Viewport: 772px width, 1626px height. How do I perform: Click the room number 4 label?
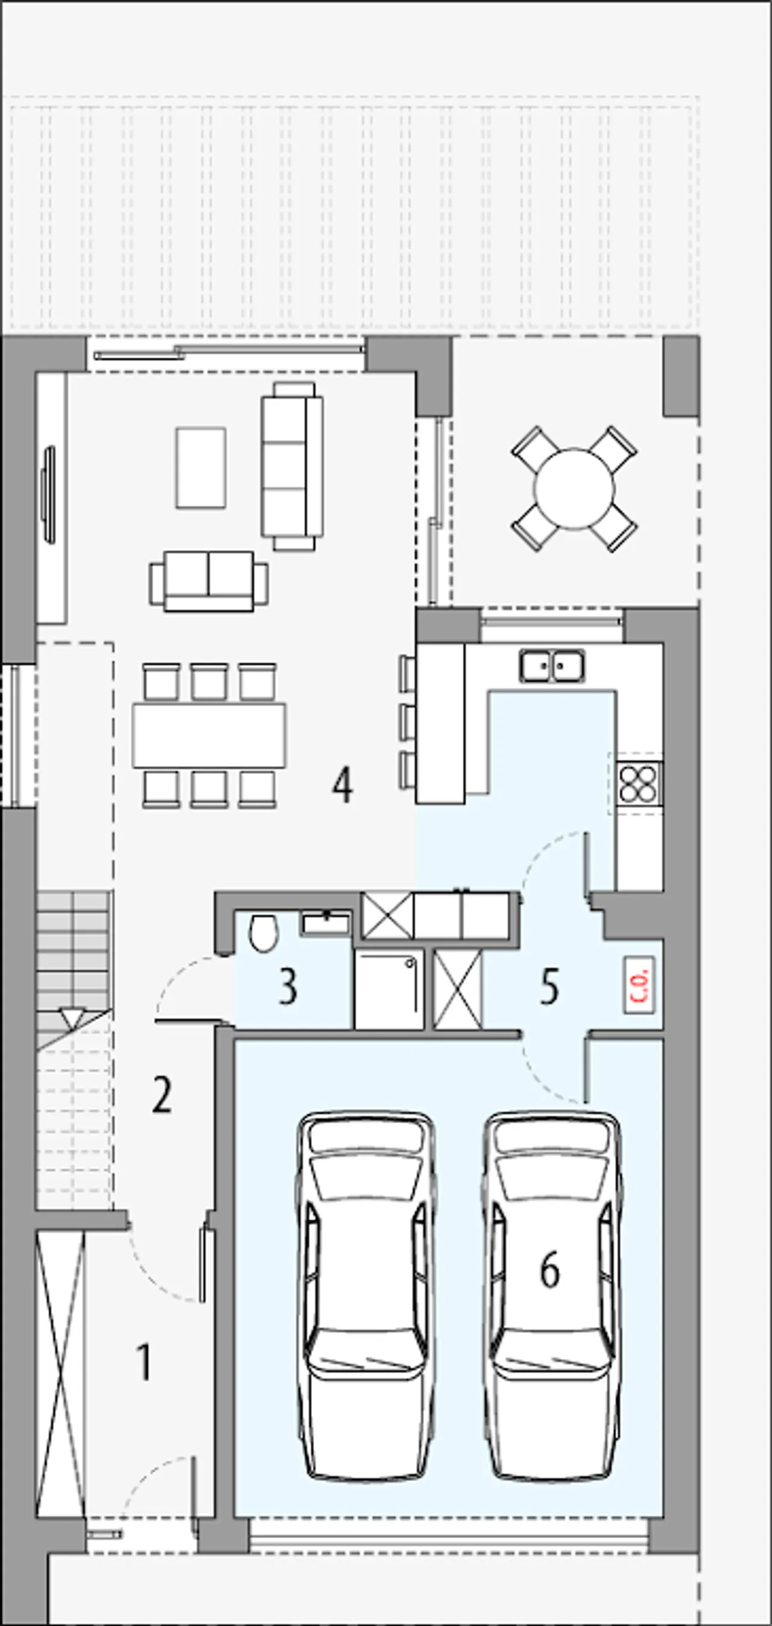click(x=343, y=786)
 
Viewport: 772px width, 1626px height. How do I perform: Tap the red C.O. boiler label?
click(x=639, y=985)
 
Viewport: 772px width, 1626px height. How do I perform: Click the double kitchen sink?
click(x=552, y=666)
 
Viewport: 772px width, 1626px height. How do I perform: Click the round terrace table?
click(x=574, y=488)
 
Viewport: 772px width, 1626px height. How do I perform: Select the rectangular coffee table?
click(x=201, y=467)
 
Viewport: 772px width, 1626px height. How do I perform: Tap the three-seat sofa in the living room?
click(x=292, y=466)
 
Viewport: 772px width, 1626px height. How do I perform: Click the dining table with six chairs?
click(x=209, y=735)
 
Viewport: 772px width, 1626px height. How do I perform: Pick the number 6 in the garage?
click(x=549, y=1270)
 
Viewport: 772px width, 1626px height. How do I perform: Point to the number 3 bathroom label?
click(x=288, y=987)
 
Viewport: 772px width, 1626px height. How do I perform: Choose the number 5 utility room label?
click(x=549, y=987)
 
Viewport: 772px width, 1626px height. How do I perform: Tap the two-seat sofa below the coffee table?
click(x=209, y=581)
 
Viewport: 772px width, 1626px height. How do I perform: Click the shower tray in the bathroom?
click(x=388, y=990)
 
